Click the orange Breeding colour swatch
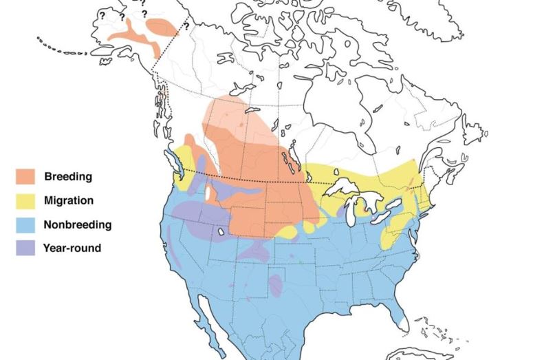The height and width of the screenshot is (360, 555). click(x=25, y=176)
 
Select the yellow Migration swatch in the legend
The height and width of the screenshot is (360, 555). click(x=25, y=200)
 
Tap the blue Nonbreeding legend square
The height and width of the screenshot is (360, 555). click(x=25, y=224)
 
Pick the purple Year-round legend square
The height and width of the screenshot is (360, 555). click(x=25, y=248)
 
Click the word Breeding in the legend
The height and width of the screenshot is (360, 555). click(x=67, y=176)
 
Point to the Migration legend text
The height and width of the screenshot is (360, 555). click(x=68, y=200)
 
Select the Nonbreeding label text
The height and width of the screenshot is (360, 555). click(x=77, y=224)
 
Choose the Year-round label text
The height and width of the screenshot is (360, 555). click(x=72, y=248)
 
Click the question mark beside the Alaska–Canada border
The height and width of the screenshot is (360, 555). click(x=186, y=26)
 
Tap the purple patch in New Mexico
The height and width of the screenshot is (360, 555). click(x=275, y=284)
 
